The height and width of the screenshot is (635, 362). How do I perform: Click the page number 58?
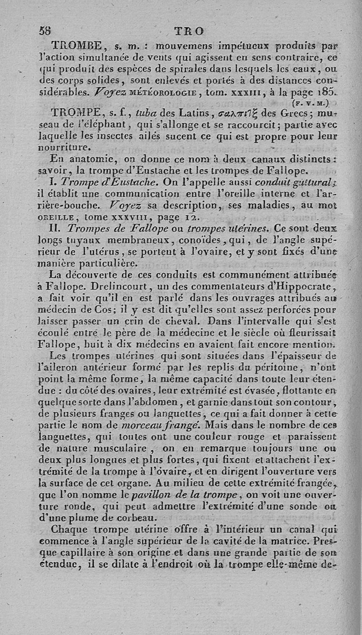coord(45,31)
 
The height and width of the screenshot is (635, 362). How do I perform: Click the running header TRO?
coord(189,31)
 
